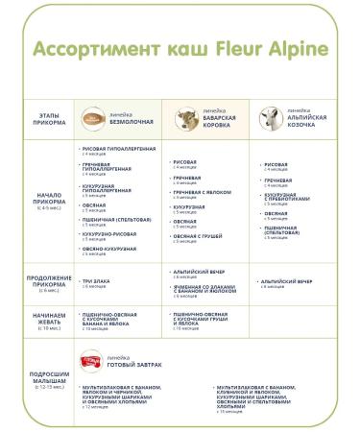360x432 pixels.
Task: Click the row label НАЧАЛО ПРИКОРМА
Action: tap(43, 201)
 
